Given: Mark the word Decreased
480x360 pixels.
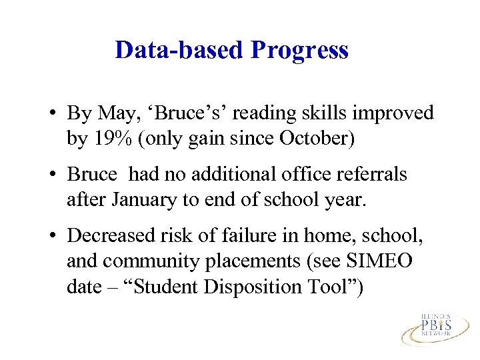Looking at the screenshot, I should pyautogui.click(x=110, y=236).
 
